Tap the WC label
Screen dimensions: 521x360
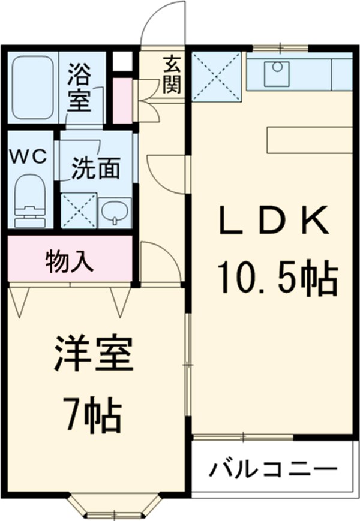tap(27, 157)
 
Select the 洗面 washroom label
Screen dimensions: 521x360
tap(95, 168)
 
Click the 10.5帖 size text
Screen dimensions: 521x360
tap(277, 276)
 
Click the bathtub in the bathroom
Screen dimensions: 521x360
tap(34, 88)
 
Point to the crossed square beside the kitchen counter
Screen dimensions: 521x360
tap(216, 77)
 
